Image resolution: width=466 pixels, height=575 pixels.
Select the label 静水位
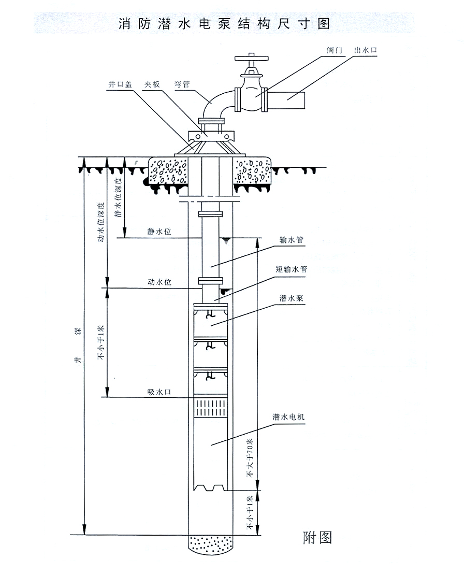(159, 232)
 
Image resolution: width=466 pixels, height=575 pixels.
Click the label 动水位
(159, 282)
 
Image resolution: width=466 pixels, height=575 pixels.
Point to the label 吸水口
(159, 392)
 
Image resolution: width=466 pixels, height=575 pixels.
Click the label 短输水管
(291, 269)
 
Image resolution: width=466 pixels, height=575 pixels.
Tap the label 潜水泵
(291, 298)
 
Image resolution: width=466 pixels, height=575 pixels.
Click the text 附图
(317, 537)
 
